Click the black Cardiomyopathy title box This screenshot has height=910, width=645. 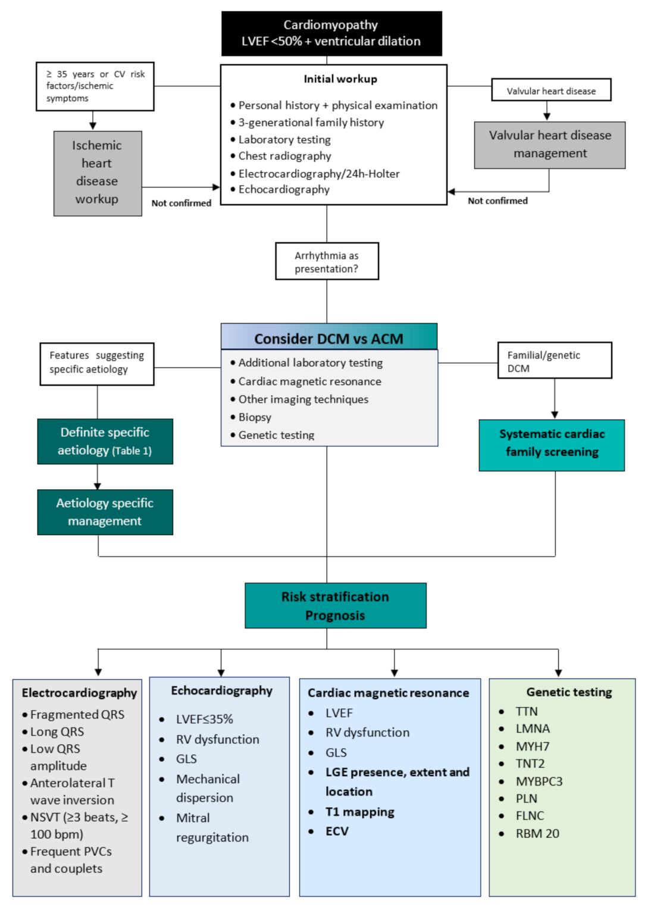(331, 33)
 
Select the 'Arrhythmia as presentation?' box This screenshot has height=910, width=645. (327, 261)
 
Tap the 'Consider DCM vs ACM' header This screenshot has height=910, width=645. (328, 337)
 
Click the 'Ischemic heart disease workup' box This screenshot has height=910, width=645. (98, 173)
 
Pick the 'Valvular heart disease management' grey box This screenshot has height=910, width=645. (550, 145)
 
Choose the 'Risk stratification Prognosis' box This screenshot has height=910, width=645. (335, 605)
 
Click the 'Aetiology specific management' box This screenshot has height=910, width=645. (105, 512)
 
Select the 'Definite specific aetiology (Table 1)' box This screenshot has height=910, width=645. (105, 441)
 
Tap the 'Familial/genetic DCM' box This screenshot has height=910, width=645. (554, 361)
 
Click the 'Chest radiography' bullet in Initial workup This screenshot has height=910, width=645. (284, 156)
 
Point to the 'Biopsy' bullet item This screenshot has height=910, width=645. (255, 417)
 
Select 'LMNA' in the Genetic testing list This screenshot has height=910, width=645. (533, 728)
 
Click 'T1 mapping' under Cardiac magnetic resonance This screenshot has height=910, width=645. (359, 812)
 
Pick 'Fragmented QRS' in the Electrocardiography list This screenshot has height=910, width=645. (77, 714)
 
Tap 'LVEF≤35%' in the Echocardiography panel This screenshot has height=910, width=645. (204, 719)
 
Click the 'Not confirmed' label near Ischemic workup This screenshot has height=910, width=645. (181, 203)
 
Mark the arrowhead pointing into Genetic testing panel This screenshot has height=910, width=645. (558, 673)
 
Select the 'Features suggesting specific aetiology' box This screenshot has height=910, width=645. (96, 362)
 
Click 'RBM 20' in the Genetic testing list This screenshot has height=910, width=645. (537, 833)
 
